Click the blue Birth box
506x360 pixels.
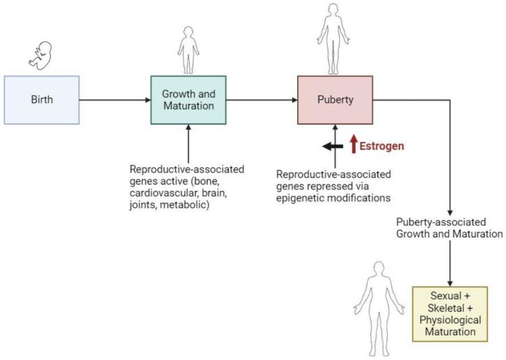coord(42,100)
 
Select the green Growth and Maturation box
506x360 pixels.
coord(188,100)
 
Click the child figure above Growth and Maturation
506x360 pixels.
coord(188,49)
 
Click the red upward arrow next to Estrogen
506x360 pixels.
coord(354,145)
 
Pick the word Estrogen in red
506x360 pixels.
coord(382,146)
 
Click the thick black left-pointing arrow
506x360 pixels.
coord(332,146)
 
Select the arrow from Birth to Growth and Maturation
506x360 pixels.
coord(115,100)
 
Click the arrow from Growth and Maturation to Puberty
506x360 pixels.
coord(261,100)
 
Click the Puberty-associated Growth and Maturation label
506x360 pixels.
coord(449,228)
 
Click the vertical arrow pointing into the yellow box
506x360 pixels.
coord(450,262)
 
